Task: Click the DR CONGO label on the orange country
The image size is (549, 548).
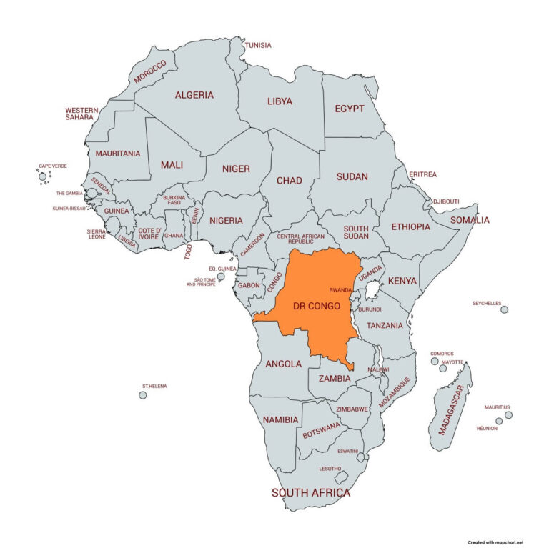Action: point(316,306)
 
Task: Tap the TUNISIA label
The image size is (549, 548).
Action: point(258,45)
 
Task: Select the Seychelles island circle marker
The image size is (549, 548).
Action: point(504,309)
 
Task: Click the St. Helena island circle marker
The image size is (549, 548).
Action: point(143,394)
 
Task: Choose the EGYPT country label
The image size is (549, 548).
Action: point(350,109)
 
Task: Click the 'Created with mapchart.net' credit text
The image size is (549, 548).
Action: point(500,542)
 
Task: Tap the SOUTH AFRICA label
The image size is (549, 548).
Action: point(311,493)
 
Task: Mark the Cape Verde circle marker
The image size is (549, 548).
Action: point(42,176)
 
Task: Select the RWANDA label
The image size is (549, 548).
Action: point(340,290)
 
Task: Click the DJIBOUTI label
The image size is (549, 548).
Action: point(446,201)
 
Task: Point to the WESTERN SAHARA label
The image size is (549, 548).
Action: point(81,114)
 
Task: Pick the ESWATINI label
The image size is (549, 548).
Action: point(348,451)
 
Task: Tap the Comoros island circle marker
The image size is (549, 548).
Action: point(434,361)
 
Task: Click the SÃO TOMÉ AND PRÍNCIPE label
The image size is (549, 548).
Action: point(201,282)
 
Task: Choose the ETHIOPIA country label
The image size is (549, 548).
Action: point(411,226)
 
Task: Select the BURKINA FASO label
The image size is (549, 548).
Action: point(174,200)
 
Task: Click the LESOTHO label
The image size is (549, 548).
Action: point(330,468)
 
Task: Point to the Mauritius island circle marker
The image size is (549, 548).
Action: point(508,414)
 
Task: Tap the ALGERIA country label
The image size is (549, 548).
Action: point(194,94)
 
